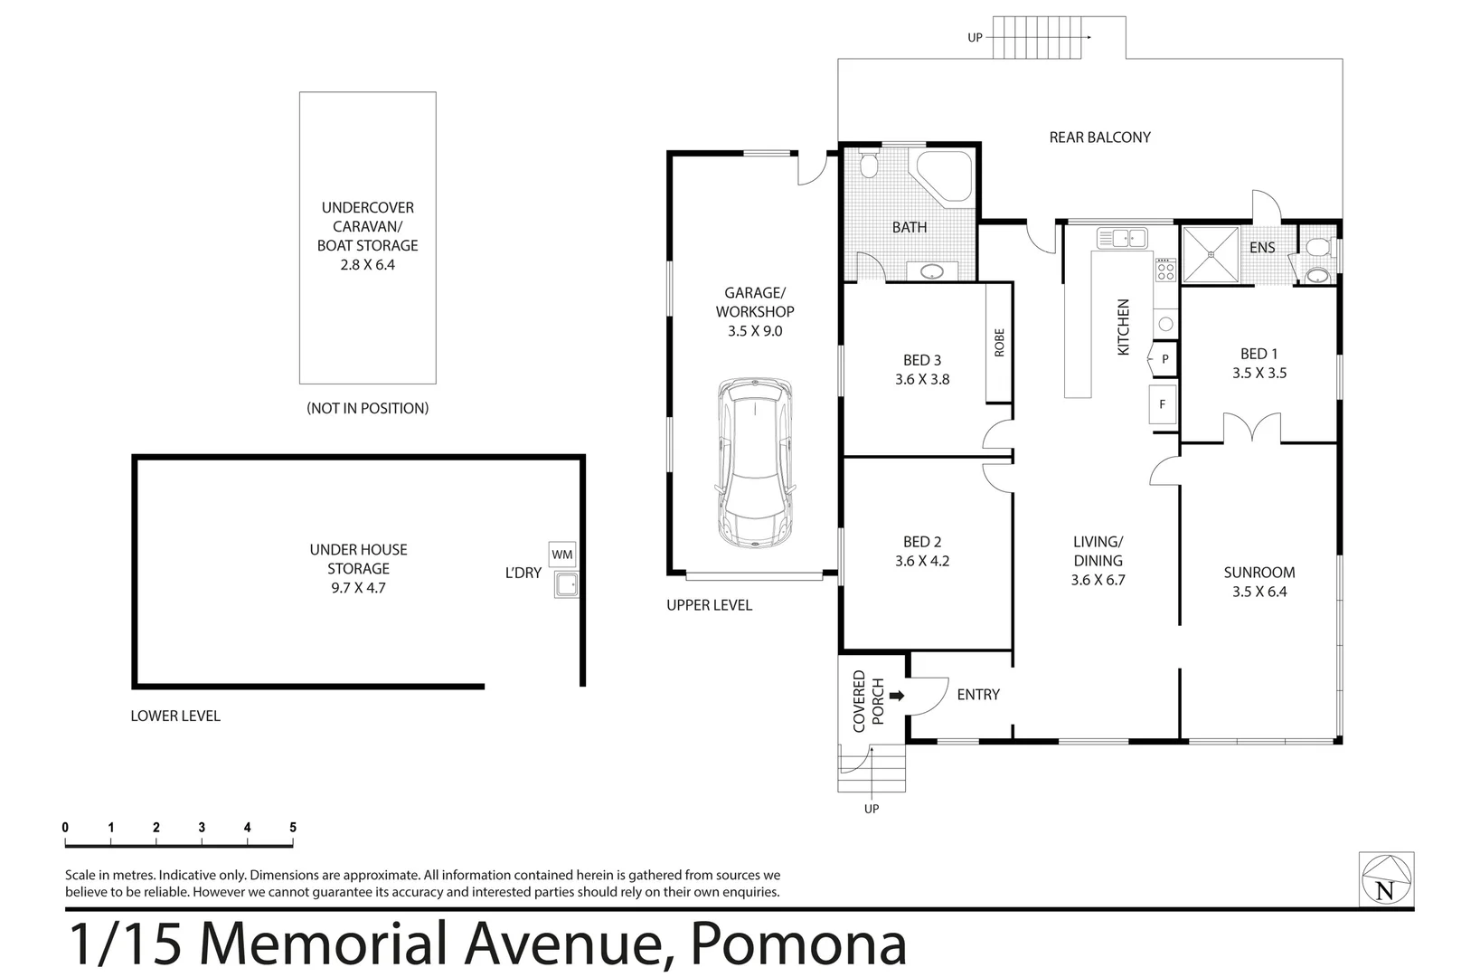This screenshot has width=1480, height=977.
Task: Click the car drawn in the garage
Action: pyautogui.click(x=754, y=463)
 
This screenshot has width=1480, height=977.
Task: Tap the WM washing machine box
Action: pyautogui.click(x=561, y=554)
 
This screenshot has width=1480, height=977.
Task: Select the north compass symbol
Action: pyautogui.click(x=1385, y=878)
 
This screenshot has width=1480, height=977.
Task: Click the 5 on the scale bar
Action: pyautogui.click(x=292, y=827)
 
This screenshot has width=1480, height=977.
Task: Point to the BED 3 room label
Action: pyautogui.click(x=922, y=360)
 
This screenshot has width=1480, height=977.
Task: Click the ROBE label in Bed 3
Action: pyautogui.click(x=999, y=343)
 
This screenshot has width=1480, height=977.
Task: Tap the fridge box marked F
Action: pyautogui.click(x=1163, y=404)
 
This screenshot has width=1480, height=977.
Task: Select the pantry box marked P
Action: pyautogui.click(x=1164, y=359)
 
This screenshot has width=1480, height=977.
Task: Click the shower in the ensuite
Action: pyautogui.click(x=1209, y=256)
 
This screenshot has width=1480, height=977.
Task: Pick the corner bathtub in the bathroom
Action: pyautogui.click(x=946, y=175)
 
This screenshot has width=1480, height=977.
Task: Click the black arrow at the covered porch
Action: pyautogui.click(x=897, y=696)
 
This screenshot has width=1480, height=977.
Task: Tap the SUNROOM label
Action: pyautogui.click(x=1258, y=572)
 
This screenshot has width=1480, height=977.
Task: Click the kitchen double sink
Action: pyautogui.click(x=1121, y=238)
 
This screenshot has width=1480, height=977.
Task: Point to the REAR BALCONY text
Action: pyautogui.click(x=1099, y=138)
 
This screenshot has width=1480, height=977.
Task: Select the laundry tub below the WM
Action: pyautogui.click(x=567, y=585)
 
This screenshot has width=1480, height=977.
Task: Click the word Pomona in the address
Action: pyautogui.click(x=798, y=944)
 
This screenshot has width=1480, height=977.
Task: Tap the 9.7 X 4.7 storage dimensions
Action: pyautogui.click(x=358, y=588)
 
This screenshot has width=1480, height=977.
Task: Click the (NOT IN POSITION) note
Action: pyautogui.click(x=367, y=408)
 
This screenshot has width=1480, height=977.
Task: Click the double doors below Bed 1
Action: pyautogui.click(x=1252, y=427)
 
